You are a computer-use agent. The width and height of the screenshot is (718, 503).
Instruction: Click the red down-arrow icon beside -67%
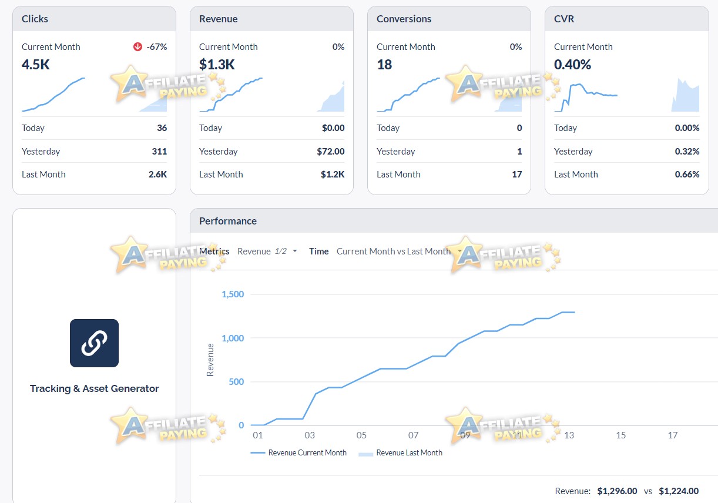click(x=137, y=47)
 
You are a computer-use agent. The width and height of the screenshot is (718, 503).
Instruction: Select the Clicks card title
click(x=35, y=19)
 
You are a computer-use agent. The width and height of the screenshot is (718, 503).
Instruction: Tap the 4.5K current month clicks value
click(x=36, y=65)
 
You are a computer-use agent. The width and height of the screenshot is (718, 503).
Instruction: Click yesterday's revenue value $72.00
click(x=330, y=152)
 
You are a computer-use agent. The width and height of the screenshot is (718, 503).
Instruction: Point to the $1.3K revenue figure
click(x=217, y=65)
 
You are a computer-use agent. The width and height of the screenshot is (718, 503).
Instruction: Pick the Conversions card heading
click(x=404, y=19)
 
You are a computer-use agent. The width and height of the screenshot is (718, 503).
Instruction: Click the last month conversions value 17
click(x=516, y=175)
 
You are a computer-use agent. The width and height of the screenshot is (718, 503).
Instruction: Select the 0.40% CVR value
click(x=572, y=65)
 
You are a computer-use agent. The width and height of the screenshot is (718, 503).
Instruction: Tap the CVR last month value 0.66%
click(x=687, y=175)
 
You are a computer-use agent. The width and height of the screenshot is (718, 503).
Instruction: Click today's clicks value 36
click(x=162, y=128)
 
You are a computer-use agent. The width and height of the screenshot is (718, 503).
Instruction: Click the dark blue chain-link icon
click(x=94, y=343)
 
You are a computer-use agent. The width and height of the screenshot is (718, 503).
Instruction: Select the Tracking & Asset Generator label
click(x=94, y=388)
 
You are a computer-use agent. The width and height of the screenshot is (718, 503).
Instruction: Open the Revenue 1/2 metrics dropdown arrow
click(x=295, y=251)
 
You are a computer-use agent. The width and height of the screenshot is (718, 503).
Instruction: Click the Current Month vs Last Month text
click(x=394, y=251)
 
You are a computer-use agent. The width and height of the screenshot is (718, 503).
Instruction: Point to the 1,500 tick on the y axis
click(x=233, y=294)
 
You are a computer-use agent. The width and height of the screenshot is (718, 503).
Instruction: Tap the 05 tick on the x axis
click(x=361, y=435)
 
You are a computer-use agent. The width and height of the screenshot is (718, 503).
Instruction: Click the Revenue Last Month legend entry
click(x=400, y=452)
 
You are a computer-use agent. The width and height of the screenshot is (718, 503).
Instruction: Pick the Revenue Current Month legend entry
click(x=298, y=452)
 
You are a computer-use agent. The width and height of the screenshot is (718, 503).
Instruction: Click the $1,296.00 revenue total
click(x=617, y=491)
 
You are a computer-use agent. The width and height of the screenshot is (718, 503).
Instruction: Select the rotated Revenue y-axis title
click(x=210, y=360)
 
